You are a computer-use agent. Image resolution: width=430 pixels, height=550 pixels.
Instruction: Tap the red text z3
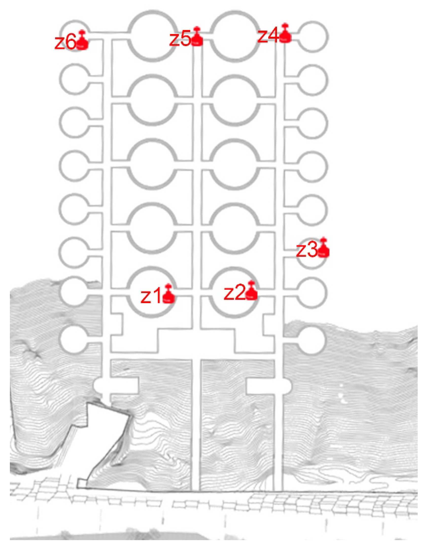click(307, 250)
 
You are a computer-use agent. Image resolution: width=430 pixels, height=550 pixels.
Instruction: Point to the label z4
click(268, 36)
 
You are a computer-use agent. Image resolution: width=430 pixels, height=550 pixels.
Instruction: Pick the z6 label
click(66, 43)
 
